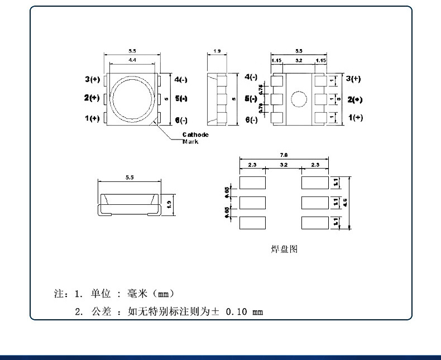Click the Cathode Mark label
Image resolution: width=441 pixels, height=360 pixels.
click(195, 138)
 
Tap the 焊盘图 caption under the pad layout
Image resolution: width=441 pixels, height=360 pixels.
click(284, 249)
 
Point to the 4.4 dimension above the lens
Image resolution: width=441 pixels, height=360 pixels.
click(132, 59)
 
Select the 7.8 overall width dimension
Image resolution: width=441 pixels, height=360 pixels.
click(283, 155)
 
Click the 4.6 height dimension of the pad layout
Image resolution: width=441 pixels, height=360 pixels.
click(346, 203)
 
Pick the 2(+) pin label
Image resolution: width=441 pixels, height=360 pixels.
click(92, 98)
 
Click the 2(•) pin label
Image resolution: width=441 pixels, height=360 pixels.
click(355, 99)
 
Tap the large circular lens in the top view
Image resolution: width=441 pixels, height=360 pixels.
click(132, 98)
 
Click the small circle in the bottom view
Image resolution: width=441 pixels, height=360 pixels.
click(299, 99)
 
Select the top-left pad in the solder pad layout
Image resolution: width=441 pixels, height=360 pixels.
click(253, 182)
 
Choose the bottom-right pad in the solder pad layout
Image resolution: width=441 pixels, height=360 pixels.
click(314, 222)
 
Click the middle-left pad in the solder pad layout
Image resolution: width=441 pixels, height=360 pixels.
click(253, 202)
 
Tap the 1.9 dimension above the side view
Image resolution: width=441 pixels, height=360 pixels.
click(217, 51)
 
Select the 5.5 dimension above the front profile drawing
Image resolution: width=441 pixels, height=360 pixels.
click(130, 177)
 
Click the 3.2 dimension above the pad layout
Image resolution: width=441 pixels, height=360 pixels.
click(283, 165)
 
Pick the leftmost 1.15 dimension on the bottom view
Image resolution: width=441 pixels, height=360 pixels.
click(276, 60)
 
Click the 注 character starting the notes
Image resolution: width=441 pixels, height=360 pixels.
click(57, 293)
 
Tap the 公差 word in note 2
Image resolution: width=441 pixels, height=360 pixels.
click(99, 311)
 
